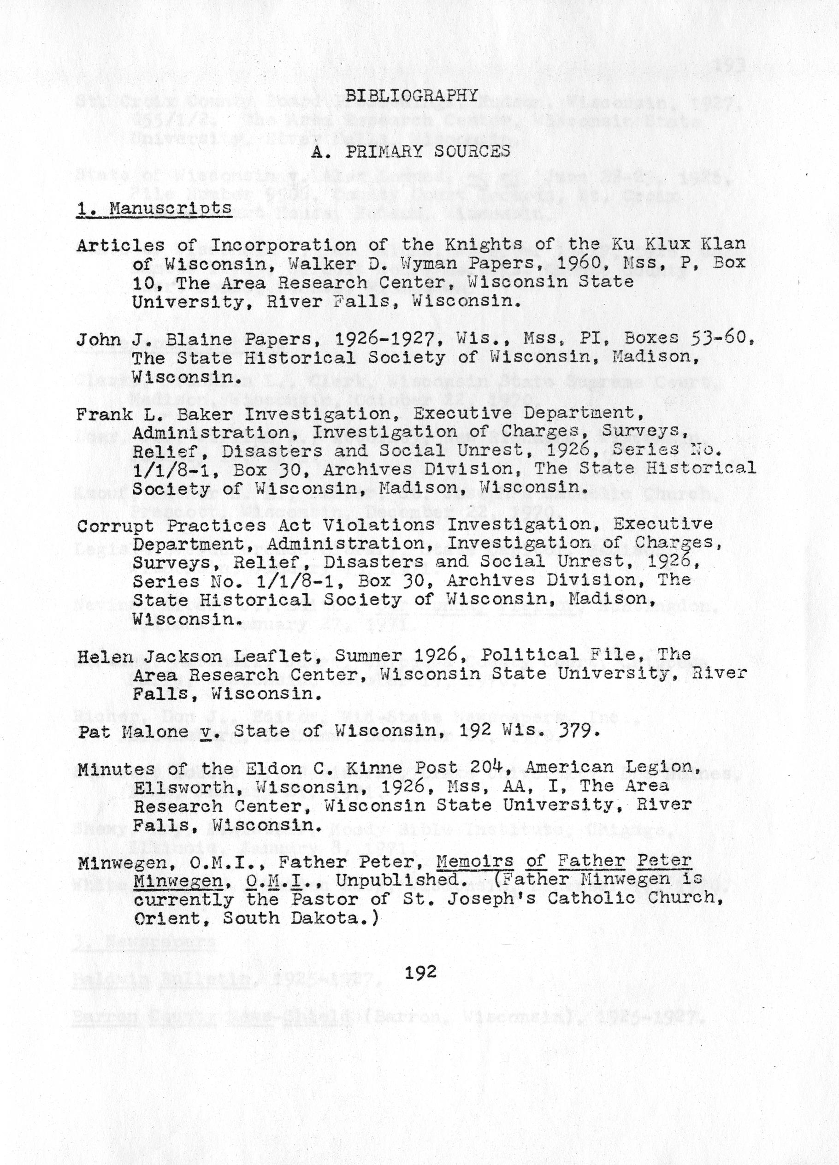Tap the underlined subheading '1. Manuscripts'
(x=154, y=208)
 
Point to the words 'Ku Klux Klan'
(x=674, y=243)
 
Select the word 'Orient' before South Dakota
(x=169, y=919)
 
